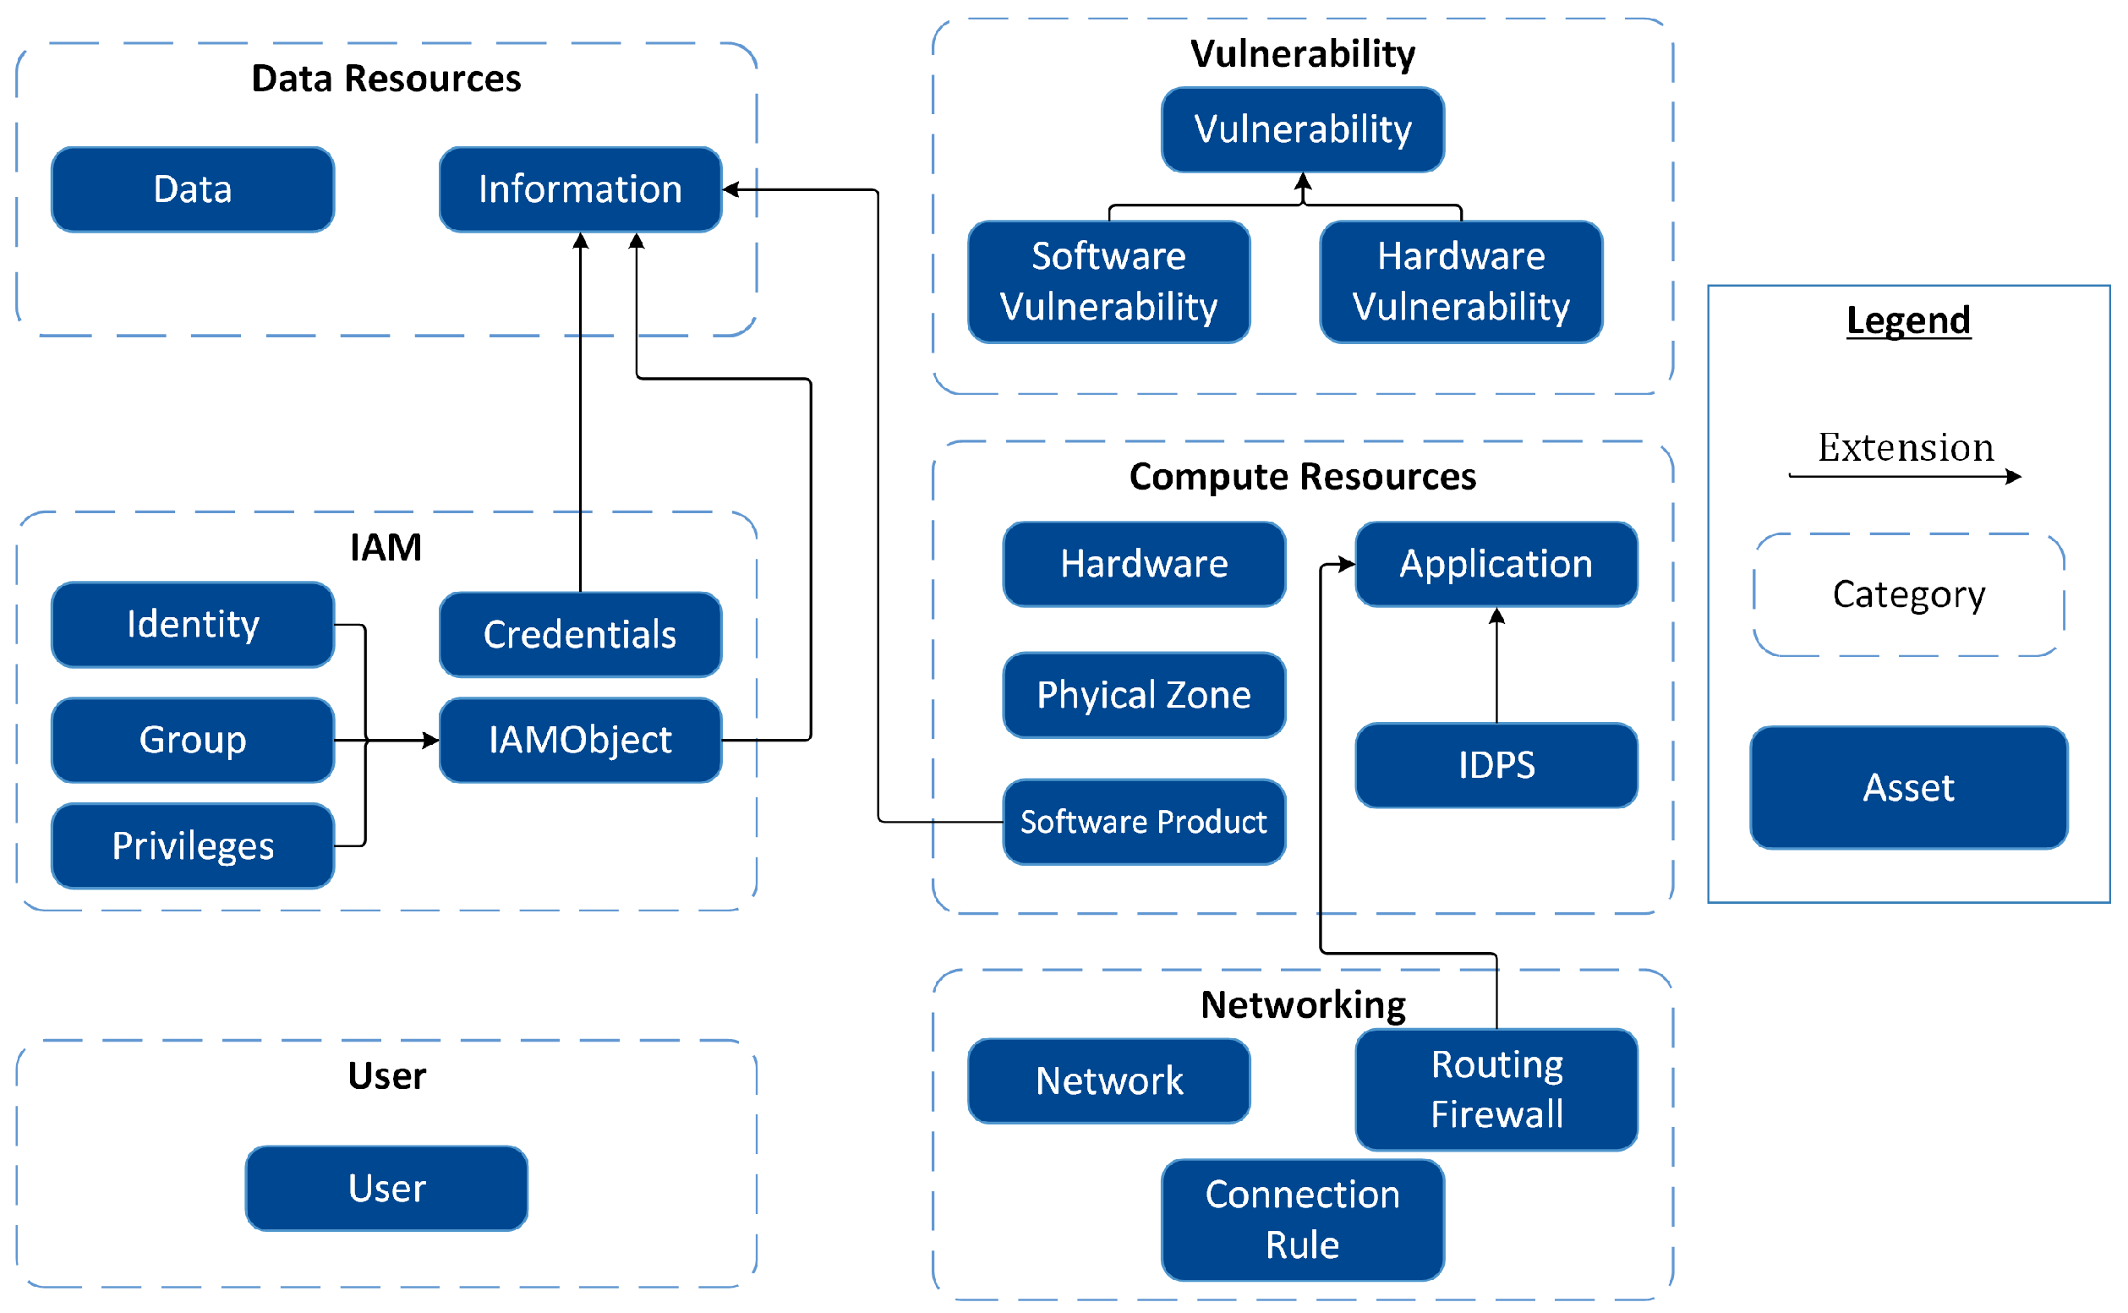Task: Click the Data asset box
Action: (x=192, y=189)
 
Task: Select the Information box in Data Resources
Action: (x=580, y=189)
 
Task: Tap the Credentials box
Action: (x=580, y=635)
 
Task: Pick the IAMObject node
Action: (x=580, y=740)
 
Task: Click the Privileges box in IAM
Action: (x=192, y=845)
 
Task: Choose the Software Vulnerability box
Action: (x=1108, y=282)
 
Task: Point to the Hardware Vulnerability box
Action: (x=1460, y=282)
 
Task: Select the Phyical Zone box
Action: (x=1143, y=695)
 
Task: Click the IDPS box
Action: (x=1496, y=765)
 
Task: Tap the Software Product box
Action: (x=1143, y=822)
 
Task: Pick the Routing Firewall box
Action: (x=1496, y=1089)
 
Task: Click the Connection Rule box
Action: (x=1302, y=1219)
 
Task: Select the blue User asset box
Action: (x=386, y=1188)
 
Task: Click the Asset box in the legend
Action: (x=1908, y=788)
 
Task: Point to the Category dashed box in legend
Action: (x=1908, y=595)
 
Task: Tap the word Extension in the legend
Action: (x=1906, y=448)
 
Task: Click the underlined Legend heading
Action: (x=1908, y=320)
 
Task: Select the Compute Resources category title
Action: (x=1302, y=477)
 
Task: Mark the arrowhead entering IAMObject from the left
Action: (x=431, y=740)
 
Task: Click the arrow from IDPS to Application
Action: (x=1496, y=665)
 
